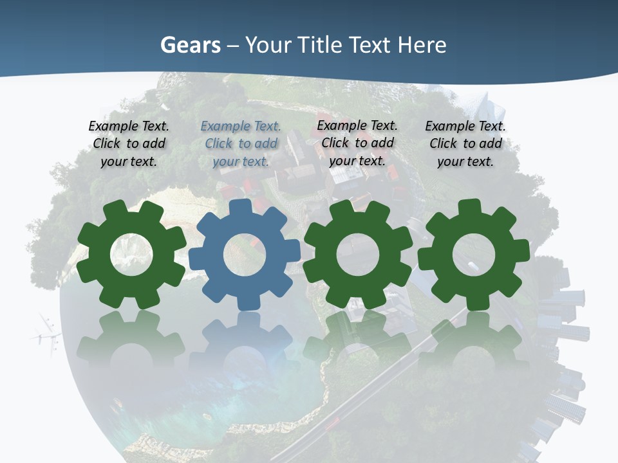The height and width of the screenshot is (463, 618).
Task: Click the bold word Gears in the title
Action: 190,45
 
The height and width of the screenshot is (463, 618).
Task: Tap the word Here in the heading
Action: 422,45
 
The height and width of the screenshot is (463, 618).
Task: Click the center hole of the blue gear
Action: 245,255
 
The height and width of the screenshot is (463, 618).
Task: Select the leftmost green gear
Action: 131,254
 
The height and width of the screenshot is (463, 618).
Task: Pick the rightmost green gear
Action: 474,254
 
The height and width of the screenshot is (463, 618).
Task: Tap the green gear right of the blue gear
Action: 357,254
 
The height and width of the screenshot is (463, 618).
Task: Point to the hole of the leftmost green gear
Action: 131,254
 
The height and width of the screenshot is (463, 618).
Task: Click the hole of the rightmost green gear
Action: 474,254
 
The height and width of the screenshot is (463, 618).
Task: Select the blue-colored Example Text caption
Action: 241,144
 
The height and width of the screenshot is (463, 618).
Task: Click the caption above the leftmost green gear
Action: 129,144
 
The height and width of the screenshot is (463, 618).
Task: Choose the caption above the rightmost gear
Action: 465,144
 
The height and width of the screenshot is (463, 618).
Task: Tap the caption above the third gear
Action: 357,143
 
